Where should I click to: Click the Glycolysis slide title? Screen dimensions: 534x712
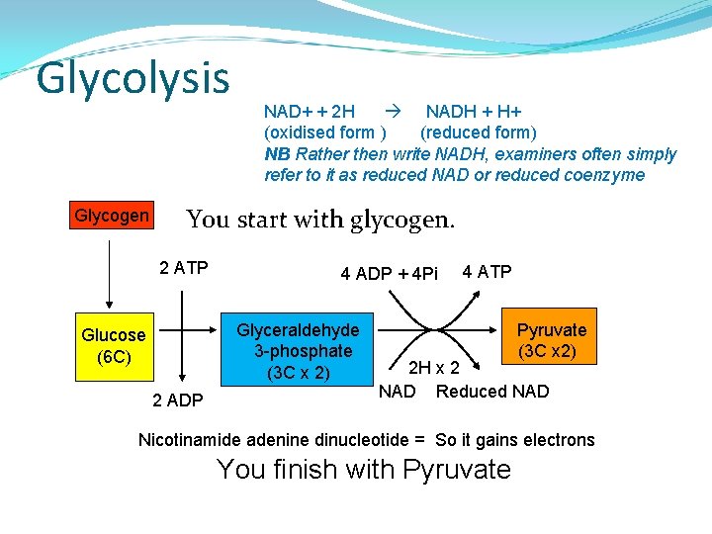point(133,78)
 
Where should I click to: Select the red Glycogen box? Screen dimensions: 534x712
point(112,216)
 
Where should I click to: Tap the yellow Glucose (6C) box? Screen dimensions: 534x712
point(114,346)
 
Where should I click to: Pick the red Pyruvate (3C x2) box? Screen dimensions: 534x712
point(551,340)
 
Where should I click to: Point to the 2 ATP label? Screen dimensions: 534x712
point(183,267)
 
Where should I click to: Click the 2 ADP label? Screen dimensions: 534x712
point(178,400)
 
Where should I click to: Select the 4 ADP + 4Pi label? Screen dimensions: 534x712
point(389,274)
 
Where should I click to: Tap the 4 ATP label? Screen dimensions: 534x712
point(487,272)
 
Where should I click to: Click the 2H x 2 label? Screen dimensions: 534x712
point(435,369)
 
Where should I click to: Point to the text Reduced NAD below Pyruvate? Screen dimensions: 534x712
point(492,392)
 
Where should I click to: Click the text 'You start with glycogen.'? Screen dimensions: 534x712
point(320,220)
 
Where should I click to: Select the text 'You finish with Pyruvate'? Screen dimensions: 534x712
point(363,469)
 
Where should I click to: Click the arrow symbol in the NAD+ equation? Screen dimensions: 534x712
point(392,111)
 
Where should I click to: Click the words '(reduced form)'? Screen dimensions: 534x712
point(479,133)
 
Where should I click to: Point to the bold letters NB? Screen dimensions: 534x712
point(277,154)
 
